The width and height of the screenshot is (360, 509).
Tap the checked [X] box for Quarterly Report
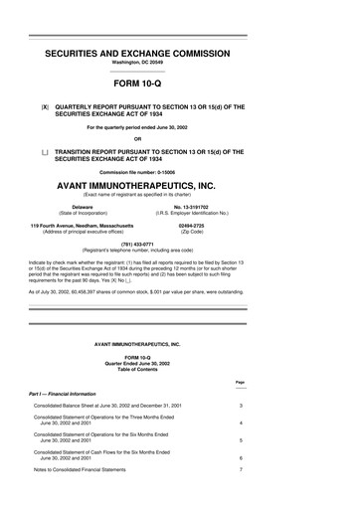pyautogui.click(x=44, y=104)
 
